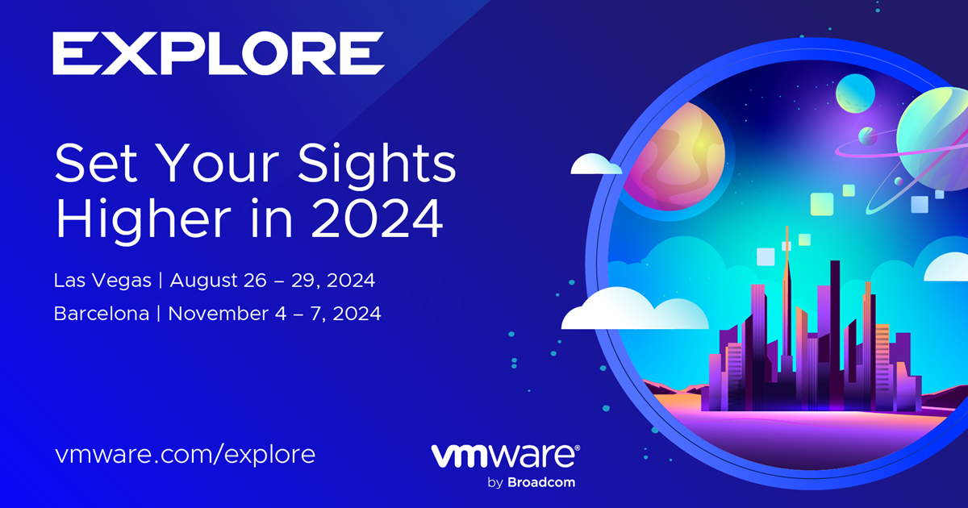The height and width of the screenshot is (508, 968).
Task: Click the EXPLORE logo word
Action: pyautogui.click(x=219, y=53)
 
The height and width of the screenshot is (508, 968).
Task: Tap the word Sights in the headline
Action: pyautogui.click(x=377, y=166)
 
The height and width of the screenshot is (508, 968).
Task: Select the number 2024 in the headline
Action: pyautogui.click(x=377, y=219)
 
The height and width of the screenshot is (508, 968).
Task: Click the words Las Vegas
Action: pyautogui.click(x=102, y=281)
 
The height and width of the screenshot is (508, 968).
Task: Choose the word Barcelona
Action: pyautogui.click(x=102, y=314)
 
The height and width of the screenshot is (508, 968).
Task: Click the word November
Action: pyautogui.click(x=219, y=314)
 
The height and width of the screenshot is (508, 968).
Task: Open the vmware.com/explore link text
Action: pyautogui.click(x=185, y=455)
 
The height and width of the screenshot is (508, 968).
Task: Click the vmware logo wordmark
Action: pyautogui.click(x=503, y=456)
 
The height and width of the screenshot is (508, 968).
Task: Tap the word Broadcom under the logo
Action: pyautogui.click(x=541, y=482)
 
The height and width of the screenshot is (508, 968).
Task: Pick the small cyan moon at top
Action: pyautogui.click(x=855, y=94)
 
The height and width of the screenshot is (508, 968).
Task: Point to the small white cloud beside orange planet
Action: pyautogui.click(x=596, y=164)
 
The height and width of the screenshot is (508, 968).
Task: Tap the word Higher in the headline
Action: pyautogui.click(x=143, y=219)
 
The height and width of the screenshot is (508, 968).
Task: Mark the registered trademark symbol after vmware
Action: pyautogui.click(x=578, y=448)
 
